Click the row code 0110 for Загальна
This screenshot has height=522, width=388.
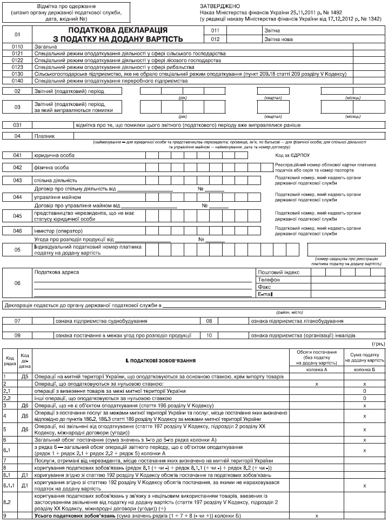coord(18,47)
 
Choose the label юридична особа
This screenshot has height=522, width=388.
coord(55,156)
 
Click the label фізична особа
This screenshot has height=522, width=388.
coord(51,168)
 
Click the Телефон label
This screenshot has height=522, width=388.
coord(269,280)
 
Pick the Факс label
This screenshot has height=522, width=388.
coord(264,287)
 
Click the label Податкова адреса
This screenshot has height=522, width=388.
coord(56,272)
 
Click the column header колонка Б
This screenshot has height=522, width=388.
coord(366,369)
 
